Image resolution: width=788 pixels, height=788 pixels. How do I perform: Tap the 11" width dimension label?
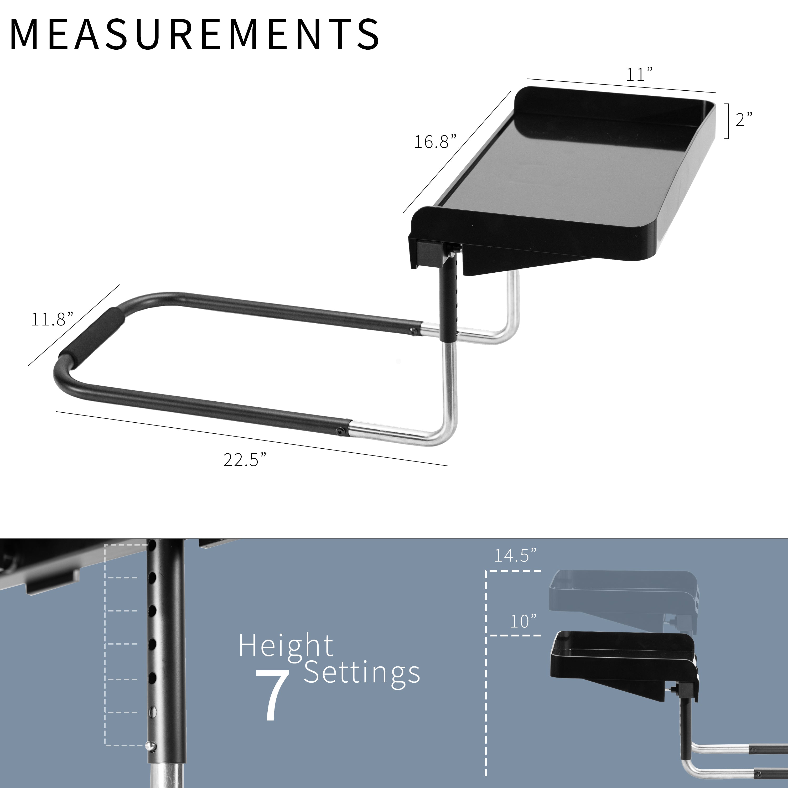coord(639,75)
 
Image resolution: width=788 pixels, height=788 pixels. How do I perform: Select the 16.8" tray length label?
coord(435,142)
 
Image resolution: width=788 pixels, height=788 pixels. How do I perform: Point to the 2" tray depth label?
coord(744,120)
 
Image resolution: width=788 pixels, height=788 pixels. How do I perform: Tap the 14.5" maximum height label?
coord(515,556)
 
